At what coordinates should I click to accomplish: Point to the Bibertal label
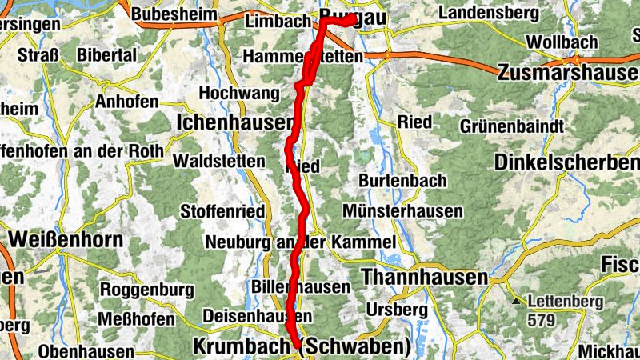coord(108,55)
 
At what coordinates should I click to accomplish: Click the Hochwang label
coord(239,93)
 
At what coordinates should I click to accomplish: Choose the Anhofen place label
coord(126,102)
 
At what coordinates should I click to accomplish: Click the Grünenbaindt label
coord(513,126)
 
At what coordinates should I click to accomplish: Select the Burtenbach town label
coord(402,181)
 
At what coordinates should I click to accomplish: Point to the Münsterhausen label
coord(402,211)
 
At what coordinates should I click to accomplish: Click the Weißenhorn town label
coord(66,239)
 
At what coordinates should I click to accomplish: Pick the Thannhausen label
coord(425,277)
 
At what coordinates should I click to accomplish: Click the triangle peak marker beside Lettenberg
coord(518,302)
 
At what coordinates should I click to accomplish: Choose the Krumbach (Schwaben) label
coord(302,347)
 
